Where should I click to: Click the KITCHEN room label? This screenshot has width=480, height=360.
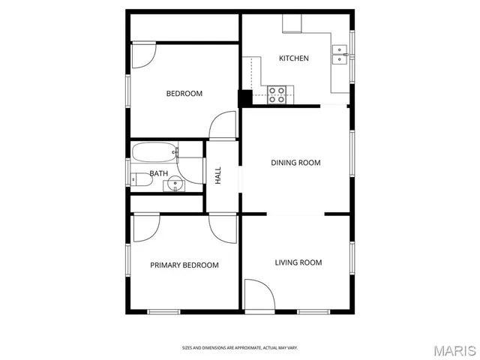[x=293, y=58]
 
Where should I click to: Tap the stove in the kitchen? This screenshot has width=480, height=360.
[x=277, y=94]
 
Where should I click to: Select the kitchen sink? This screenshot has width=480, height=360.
[x=342, y=55]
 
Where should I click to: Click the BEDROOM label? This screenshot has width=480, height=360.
[x=184, y=94]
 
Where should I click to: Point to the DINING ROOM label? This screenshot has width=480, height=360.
[x=295, y=163]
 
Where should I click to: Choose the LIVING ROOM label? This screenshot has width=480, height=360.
[x=298, y=262]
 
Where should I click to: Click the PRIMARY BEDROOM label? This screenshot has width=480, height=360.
[x=184, y=265]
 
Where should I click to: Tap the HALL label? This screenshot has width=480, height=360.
[x=218, y=175]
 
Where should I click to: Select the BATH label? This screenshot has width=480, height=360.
[x=158, y=174]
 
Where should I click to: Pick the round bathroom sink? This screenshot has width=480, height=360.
[x=175, y=183]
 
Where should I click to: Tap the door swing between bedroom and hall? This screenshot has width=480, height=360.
[x=222, y=127]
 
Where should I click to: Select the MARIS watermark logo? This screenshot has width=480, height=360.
[x=454, y=350]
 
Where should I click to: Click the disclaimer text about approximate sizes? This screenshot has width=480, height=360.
[x=240, y=348]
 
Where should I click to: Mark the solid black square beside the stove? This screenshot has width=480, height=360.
[x=244, y=98]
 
